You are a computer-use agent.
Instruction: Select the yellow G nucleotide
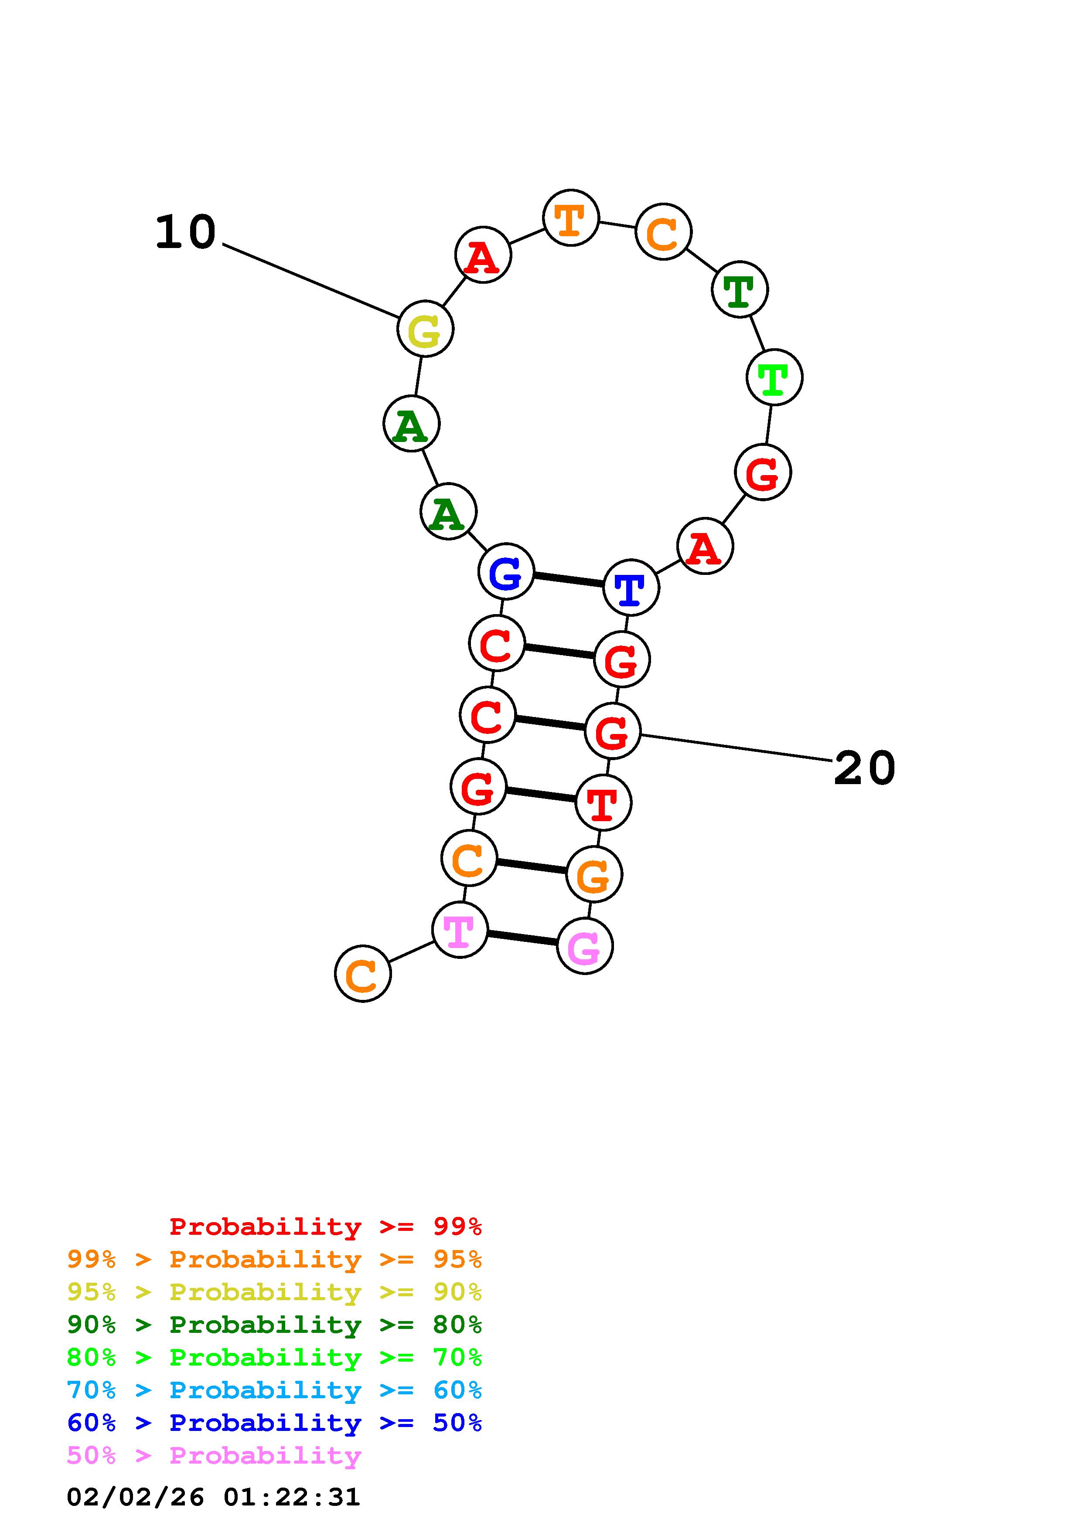pyautogui.click(x=425, y=329)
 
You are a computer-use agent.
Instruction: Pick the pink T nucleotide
pyautogui.click(x=460, y=930)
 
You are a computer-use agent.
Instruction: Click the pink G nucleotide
pyautogui.click(x=584, y=946)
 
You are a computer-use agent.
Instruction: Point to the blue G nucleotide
pyautogui.click(x=506, y=571)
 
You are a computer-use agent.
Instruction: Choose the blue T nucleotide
pyautogui.click(x=631, y=588)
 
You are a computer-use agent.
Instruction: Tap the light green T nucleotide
pyautogui.click(x=774, y=377)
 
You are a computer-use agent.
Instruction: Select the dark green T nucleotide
pyautogui.click(x=739, y=290)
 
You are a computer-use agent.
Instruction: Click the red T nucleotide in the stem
pyautogui.click(x=603, y=803)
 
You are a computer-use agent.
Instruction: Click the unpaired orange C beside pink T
pyautogui.click(x=362, y=974)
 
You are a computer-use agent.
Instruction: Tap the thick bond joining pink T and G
pyautogui.click(x=522, y=938)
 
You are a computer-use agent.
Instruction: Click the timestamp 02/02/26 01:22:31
pyautogui.click(x=213, y=1496)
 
